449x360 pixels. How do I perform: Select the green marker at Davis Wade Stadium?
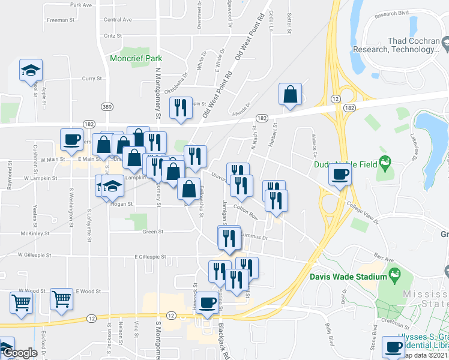pos(394,275)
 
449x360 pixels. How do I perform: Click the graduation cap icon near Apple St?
pos(30,71)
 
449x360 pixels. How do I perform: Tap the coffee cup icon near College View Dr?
pos(340,175)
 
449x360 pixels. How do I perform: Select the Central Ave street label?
pos(118,20)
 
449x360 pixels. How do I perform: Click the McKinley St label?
pos(35,233)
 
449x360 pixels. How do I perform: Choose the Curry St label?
pos(93,79)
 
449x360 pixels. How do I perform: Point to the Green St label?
pos(152,231)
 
